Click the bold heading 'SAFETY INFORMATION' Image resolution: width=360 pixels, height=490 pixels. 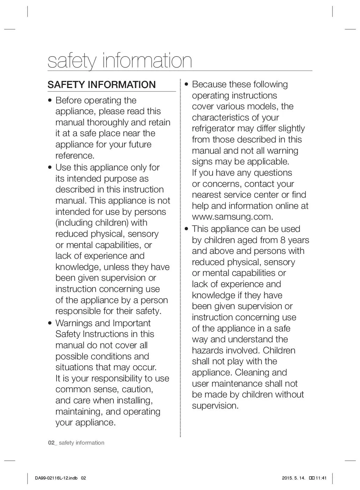(101, 85)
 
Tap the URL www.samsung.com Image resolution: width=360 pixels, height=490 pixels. (232, 217)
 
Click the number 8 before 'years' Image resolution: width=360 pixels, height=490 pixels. (282, 240)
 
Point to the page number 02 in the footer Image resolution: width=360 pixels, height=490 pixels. (52, 443)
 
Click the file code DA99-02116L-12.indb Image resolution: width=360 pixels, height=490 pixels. (56, 478)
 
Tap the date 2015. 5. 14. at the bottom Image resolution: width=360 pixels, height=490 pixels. (293, 478)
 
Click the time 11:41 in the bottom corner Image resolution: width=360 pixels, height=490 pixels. (321, 478)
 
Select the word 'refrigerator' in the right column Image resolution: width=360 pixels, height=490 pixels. (213, 129)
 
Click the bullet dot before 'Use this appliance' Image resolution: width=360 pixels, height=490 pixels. (50, 168)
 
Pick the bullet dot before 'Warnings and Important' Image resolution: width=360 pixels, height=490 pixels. (50, 324)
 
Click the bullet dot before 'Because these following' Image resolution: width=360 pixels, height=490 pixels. (187, 85)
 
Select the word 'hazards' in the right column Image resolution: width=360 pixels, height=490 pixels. (208, 351)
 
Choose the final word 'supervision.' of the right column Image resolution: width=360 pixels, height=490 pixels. (215, 406)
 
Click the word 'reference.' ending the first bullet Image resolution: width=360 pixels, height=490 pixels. (75, 156)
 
